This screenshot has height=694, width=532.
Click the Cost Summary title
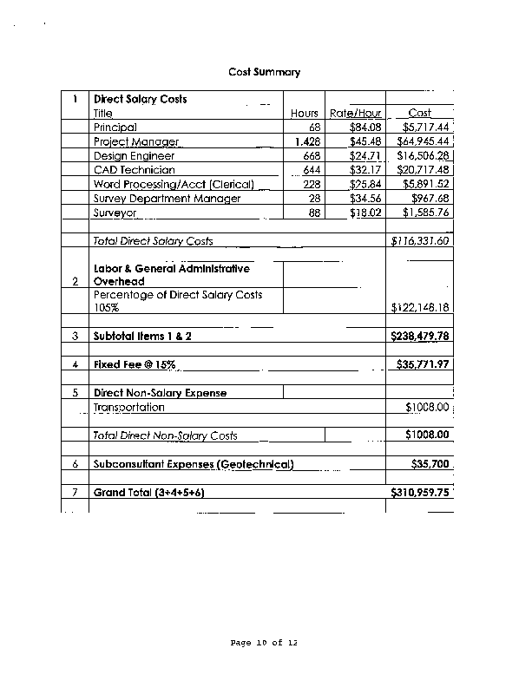265,72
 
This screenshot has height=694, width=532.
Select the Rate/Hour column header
356,114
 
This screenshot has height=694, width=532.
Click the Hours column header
305,114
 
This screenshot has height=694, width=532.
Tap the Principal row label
115,128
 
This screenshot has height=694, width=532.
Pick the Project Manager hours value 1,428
308,141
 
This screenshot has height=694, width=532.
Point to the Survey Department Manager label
167,199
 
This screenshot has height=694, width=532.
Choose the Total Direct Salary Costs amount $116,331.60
420,241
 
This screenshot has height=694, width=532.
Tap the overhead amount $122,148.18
421,308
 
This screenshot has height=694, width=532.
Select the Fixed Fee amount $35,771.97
421,364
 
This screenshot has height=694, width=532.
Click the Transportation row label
129,407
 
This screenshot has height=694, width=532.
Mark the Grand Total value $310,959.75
421,493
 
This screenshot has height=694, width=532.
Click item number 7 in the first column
76,493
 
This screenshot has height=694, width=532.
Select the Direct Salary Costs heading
141,100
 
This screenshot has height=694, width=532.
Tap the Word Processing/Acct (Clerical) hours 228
310,184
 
